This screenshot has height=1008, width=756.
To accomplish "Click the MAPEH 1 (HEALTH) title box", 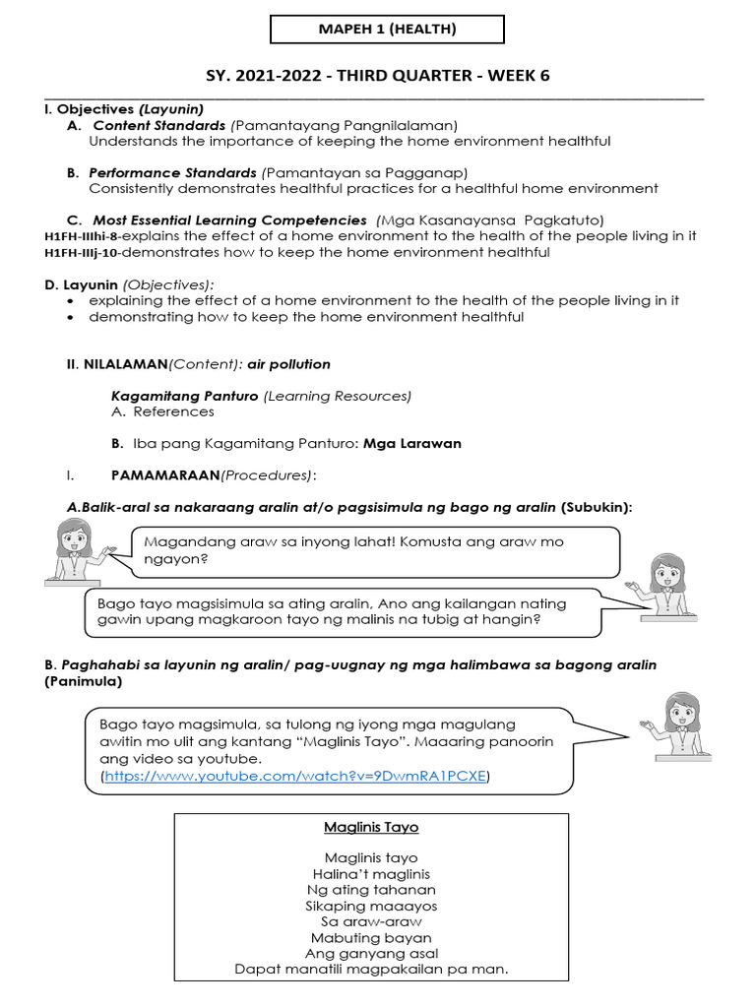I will [387, 30].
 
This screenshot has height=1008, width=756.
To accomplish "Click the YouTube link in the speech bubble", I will [295, 777].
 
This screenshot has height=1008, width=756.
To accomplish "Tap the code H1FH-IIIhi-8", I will [84, 236].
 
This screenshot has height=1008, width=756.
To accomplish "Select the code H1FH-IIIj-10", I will [82, 253].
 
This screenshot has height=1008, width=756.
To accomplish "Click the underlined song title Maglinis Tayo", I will [371, 828].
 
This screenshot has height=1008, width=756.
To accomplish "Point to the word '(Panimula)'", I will [84, 681].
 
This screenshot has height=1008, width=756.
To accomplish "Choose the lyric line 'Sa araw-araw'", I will [371, 921].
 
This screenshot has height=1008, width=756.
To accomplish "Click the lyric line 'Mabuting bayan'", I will [371, 938].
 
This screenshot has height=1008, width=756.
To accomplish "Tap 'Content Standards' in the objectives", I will [158, 126].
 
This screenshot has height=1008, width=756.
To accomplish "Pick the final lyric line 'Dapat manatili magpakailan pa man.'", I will [371, 970].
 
